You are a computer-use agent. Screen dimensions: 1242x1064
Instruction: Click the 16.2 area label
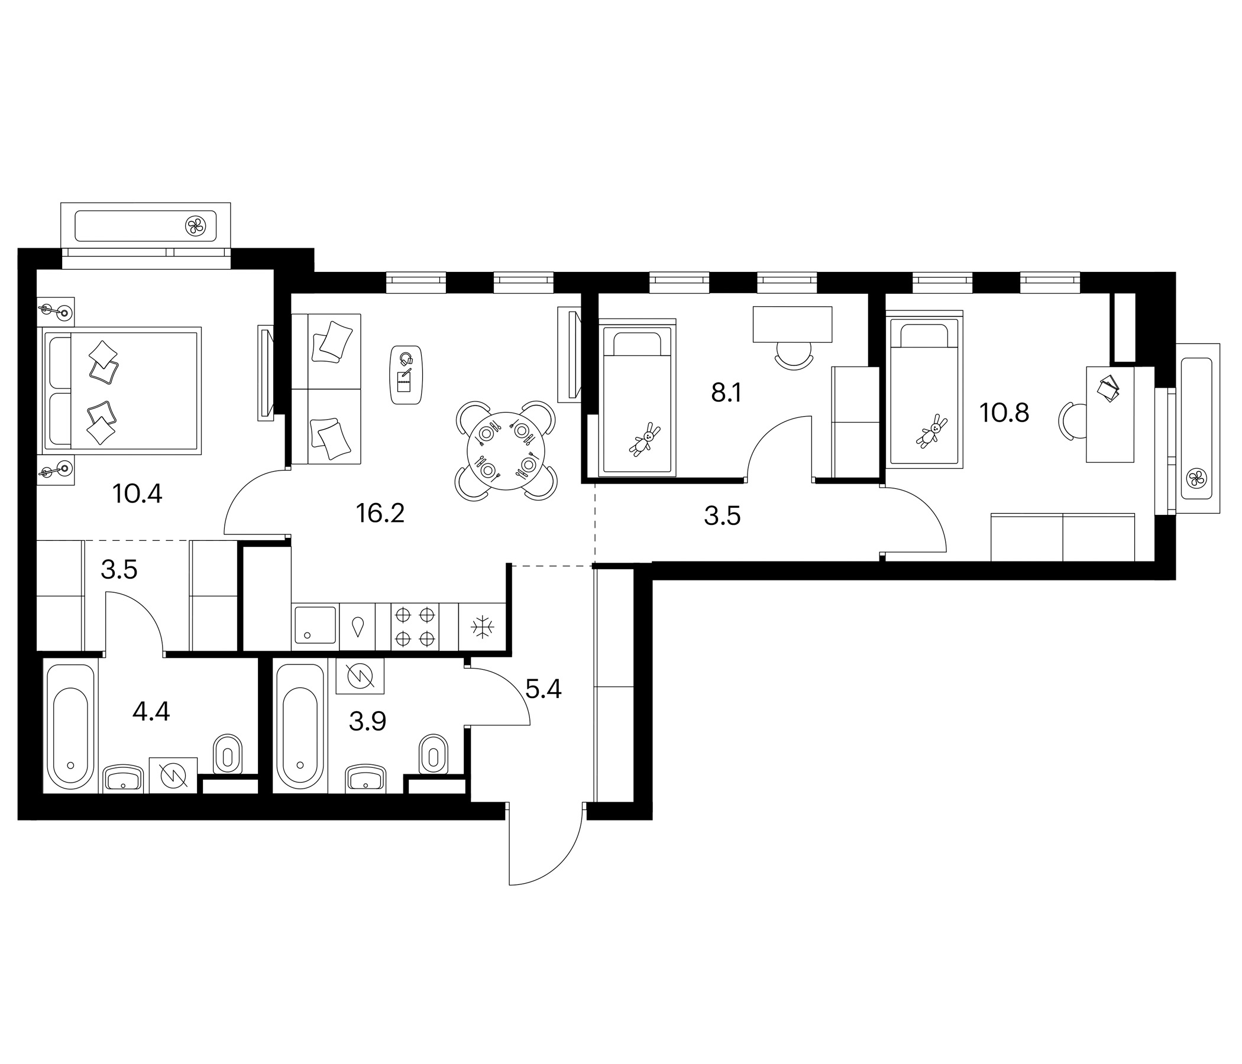pyautogui.click(x=380, y=514)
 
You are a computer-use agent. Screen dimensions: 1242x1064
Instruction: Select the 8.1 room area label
pyautogui.click(x=726, y=394)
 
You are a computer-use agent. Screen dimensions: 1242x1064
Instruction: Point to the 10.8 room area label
pyautogui.click(x=1004, y=413)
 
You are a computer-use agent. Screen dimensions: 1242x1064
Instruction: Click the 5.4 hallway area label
pyautogui.click(x=543, y=690)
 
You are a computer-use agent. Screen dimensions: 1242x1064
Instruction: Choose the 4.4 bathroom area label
pyautogui.click(x=151, y=712)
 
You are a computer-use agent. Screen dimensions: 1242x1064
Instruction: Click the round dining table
pyautogui.click(x=506, y=450)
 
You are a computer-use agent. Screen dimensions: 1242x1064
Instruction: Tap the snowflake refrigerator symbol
pyautogui.click(x=482, y=627)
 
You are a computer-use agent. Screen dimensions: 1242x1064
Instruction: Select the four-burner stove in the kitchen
pyautogui.click(x=415, y=627)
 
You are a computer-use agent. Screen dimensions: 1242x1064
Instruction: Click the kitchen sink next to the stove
pyautogui.click(x=315, y=627)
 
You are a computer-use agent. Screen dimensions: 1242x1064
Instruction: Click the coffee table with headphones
pyautogui.click(x=406, y=374)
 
